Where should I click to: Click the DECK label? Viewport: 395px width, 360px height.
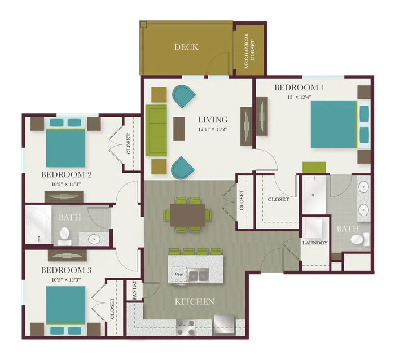[186, 47]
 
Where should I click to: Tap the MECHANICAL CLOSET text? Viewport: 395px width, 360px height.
[249, 50]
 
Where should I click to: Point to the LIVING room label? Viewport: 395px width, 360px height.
[213, 120]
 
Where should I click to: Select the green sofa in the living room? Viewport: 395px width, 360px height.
[156, 130]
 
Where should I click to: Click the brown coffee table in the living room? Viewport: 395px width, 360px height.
[179, 129]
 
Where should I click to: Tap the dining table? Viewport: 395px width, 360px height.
[188, 215]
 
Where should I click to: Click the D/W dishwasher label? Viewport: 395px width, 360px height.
[179, 274]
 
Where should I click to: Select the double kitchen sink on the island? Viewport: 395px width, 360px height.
[198, 275]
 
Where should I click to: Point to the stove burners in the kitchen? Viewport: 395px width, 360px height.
[186, 327]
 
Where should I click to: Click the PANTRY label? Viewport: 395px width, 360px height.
[134, 290]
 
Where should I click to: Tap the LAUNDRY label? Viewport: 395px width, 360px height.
[315, 243]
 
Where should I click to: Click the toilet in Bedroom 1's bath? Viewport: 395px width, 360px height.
[360, 239]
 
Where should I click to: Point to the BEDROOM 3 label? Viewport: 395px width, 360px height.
[66, 270]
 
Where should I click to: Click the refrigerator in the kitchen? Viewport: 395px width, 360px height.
[224, 324]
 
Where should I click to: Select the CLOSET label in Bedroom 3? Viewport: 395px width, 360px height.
[112, 308]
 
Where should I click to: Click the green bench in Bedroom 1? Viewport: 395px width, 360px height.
[314, 168]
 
